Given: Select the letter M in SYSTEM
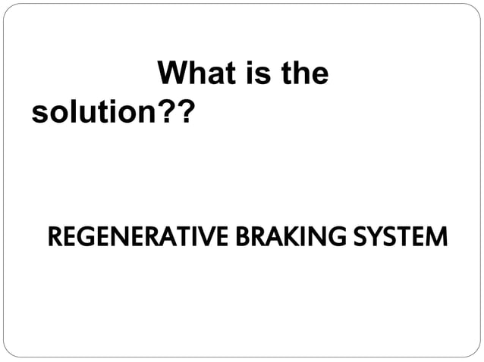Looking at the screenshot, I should (x=435, y=237).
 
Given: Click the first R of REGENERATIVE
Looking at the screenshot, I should (x=54, y=237).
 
